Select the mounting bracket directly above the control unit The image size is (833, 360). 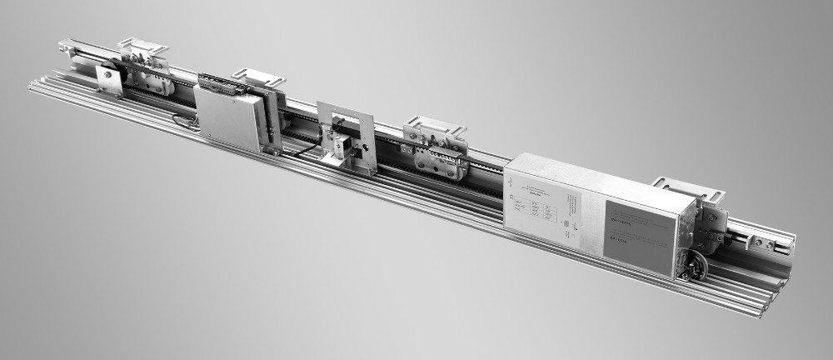257,77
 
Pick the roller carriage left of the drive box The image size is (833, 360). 434,157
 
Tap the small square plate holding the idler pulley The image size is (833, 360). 107,79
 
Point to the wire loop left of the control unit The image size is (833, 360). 185,122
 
